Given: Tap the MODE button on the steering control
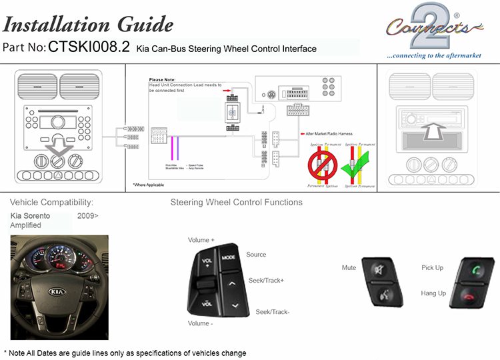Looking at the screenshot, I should click(x=229, y=257).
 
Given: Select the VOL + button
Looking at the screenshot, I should click(x=206, y=261).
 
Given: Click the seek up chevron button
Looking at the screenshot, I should click(x=232, y=283).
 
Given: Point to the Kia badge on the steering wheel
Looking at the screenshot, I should click(x=57, y=292).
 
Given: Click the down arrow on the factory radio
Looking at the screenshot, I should click(x=57, y=143).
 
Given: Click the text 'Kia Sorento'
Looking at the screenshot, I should click(x=30, y=216).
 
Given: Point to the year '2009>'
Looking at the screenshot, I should click(x=87, y=216).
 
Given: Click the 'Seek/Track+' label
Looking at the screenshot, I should click(x=266, y=281).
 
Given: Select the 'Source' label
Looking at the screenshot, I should click(x=256, y=255).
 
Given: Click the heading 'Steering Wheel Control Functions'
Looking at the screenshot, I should click(x=236, y=202).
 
